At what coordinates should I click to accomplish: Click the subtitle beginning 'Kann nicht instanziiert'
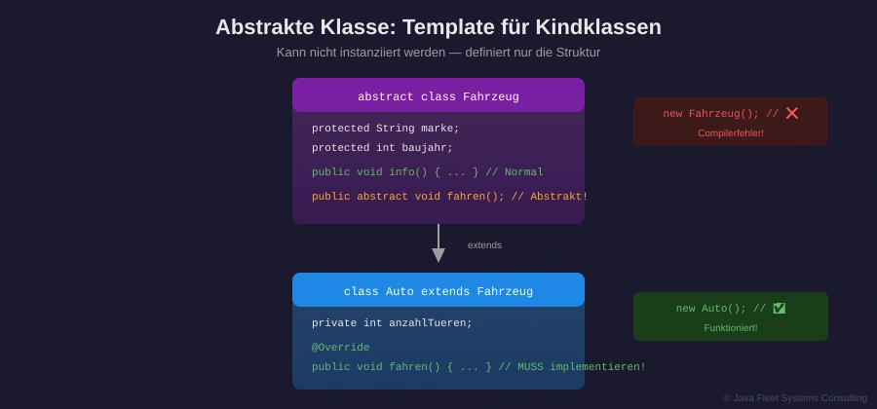(x=438, y=53)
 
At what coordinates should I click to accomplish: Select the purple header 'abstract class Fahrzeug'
(x=438, y=96)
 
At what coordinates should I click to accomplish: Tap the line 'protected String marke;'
(x=385, y=129)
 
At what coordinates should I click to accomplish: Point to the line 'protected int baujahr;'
(x=382, y=148)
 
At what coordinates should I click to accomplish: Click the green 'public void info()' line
(x=427, y=172)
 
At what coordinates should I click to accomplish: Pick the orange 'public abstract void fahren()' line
(x=449, y=197)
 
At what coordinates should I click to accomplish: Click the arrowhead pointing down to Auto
(x=438, y=255)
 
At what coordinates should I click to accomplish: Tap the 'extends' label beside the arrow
(x=484, y=245)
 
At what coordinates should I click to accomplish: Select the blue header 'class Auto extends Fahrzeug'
(x=438, y=291)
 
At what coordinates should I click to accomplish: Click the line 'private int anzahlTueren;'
(x=392, y=323)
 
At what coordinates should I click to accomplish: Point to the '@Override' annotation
(x=341, y=348)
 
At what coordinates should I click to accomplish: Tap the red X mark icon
(x=792, y=114)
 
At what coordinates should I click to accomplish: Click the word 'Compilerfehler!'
(x=731, y=133)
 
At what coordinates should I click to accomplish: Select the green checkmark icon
(x=780, y=309)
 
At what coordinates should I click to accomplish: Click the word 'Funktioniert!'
(x=731, y=328)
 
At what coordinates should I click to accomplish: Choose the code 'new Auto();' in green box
(x=711, y=309)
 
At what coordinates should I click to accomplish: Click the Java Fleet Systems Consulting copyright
(x=795, y=397)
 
